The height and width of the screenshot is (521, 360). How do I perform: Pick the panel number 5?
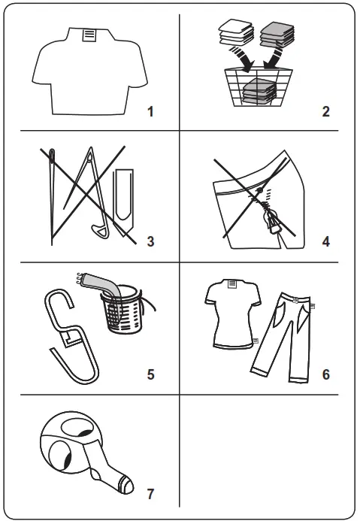150,373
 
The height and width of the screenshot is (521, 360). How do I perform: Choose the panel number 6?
325,373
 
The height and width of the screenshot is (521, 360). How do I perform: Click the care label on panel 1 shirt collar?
89,35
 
